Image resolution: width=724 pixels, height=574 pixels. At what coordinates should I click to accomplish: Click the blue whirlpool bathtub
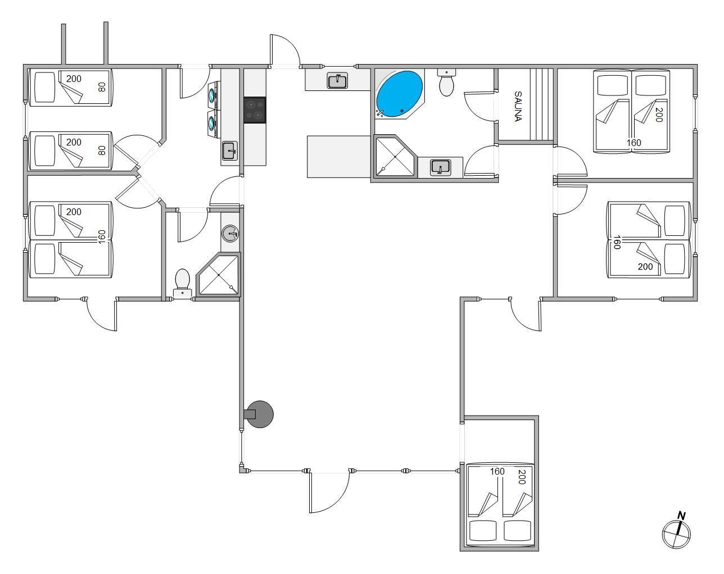(x=399, y=94)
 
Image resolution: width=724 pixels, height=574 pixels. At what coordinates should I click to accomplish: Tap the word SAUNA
(x=518, y=106)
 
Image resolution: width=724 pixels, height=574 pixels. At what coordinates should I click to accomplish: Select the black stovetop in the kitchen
(x=255, y=110)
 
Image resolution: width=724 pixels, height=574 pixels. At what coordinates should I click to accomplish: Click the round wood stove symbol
(x=259, y=414)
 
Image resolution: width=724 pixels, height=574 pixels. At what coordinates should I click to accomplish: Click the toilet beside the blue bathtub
(x=446, y=83)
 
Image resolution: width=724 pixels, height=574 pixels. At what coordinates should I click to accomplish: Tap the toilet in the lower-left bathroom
(x=182, y=283)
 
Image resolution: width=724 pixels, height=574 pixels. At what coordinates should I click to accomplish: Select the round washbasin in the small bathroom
(x=230, y=234)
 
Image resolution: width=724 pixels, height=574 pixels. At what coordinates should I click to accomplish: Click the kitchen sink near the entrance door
(x=337, y=81)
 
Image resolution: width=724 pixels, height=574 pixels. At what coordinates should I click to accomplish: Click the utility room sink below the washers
(x=230, y=151)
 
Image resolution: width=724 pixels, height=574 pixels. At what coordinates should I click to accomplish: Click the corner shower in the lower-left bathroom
(x=218, y=275)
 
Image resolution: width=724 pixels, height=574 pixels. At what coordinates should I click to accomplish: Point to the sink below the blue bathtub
(x=440, y=167)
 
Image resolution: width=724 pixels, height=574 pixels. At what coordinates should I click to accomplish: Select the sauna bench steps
(x=542, y=104)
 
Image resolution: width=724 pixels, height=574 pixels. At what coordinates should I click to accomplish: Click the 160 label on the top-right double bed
(x=634, y=143)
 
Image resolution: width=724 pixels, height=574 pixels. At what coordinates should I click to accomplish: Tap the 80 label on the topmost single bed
(x=102, y=87)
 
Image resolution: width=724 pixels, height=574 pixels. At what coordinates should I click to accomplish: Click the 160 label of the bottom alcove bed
(x=497, y=471)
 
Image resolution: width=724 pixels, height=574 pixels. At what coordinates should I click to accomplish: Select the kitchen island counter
(x=339, y=157)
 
